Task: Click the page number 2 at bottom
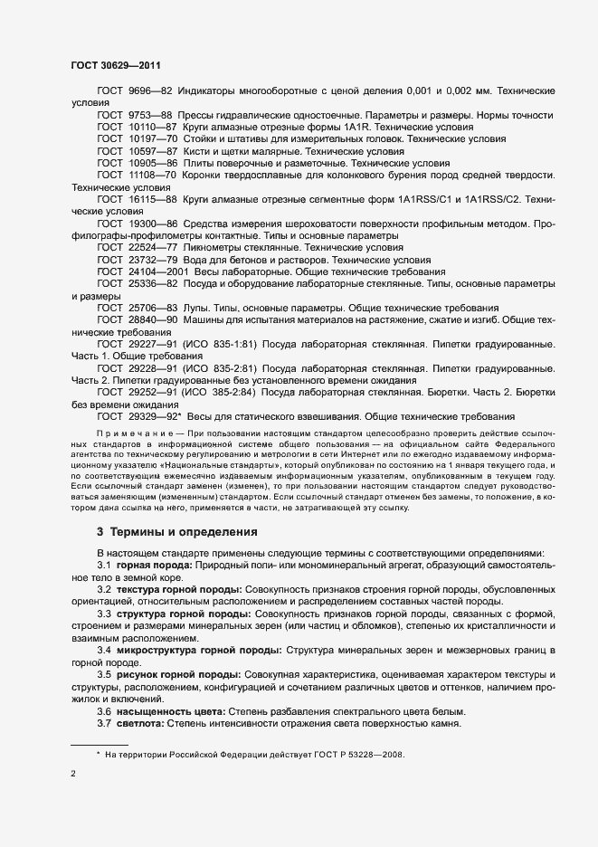click(x=73, y=775)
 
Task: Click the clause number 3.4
click(x=104, y=650)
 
